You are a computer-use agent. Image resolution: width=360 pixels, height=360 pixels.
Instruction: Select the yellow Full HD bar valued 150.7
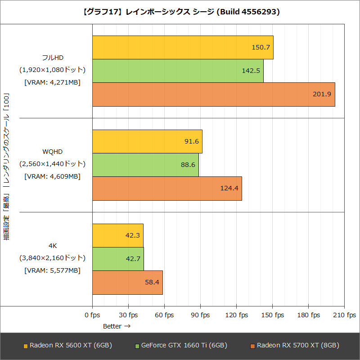(183, 48)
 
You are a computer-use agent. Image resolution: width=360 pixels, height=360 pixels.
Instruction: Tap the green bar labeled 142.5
(178, 71)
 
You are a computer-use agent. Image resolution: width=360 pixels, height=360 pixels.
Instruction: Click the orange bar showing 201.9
(213, 94)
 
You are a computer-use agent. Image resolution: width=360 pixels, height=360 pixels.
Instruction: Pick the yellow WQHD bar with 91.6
(147, 141)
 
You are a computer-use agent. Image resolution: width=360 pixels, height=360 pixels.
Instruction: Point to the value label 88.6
(188, 165)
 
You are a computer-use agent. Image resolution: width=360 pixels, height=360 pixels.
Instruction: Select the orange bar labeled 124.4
(167, 188)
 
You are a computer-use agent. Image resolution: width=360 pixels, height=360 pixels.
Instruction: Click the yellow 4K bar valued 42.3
(117, 235)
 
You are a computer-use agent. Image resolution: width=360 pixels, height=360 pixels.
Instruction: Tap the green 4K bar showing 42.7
(118, 259)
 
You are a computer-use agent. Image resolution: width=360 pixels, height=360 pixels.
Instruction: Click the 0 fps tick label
(92, 315)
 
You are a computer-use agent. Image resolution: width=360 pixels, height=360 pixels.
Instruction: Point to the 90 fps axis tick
(200, 315)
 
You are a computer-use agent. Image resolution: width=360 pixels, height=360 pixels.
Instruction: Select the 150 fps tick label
(272, 315)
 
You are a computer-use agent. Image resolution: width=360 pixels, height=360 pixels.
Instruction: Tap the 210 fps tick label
(344, 315)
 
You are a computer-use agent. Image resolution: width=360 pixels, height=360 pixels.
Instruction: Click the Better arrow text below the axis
(117, 326)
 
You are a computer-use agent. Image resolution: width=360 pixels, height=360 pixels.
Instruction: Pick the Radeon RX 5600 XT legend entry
(67, 346)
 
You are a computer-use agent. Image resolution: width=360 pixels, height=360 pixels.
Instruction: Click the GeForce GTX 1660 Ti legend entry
(181, 346)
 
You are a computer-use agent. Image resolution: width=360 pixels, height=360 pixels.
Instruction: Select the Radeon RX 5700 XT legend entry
(295, 346)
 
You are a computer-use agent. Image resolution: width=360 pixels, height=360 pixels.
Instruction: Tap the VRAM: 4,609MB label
(52, 176)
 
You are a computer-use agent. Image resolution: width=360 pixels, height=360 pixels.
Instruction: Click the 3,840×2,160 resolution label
(52, 258)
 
